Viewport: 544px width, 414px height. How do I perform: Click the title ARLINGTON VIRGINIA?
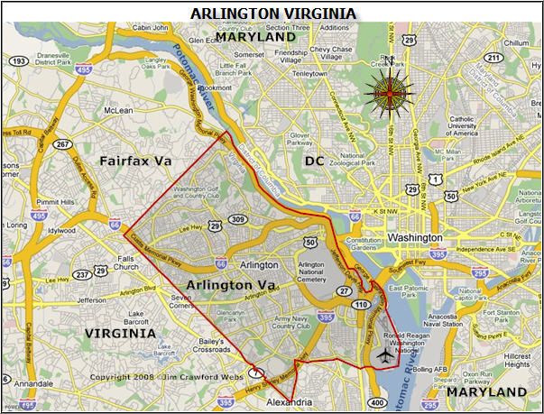[x=272, y=13]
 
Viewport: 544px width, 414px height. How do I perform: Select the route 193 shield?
[x=17, y=61]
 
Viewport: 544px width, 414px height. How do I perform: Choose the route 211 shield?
[x=493, y=58]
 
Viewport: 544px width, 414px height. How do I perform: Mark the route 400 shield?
[x=375, y=401]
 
